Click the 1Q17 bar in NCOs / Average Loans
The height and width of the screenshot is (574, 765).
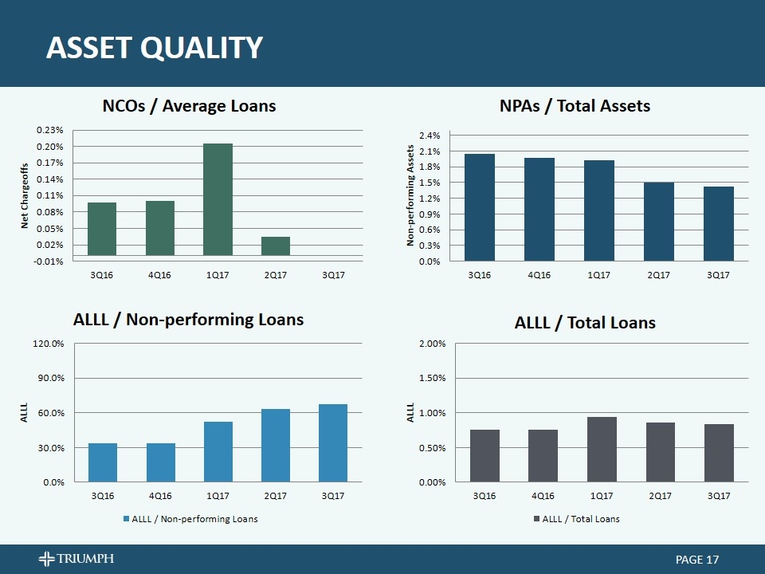[218, 199]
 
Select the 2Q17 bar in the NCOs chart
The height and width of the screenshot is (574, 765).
[276, 246]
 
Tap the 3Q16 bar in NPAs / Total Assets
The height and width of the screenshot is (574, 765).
[479, 207]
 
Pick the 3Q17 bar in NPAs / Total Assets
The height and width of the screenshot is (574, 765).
[718, 223]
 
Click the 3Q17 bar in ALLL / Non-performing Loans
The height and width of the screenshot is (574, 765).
[333, 443]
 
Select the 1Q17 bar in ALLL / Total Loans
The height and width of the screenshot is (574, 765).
[602, 450]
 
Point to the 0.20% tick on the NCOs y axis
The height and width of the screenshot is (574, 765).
[49, 147]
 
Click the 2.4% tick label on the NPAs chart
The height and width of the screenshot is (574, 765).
[430, 136]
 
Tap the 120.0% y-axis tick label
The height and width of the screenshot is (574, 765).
[49, 344]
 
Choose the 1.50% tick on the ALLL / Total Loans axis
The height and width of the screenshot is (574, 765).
[432, 378]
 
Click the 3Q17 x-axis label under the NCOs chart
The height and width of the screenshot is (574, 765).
[333, 275]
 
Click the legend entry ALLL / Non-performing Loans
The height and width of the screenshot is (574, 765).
[190, 519]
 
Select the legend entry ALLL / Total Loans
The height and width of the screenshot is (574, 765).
[577, 519]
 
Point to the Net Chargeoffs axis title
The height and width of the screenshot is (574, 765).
[25, 196]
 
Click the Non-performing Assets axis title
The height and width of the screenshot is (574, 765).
[410, 195]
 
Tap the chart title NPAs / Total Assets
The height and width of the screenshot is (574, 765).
[575, 106]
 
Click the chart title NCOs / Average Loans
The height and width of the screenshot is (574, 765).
[190, 106]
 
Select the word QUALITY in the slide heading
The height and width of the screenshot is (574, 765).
[202, 48]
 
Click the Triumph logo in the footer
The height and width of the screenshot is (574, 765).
[76, 558]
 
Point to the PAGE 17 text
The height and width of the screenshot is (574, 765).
[697, 560]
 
